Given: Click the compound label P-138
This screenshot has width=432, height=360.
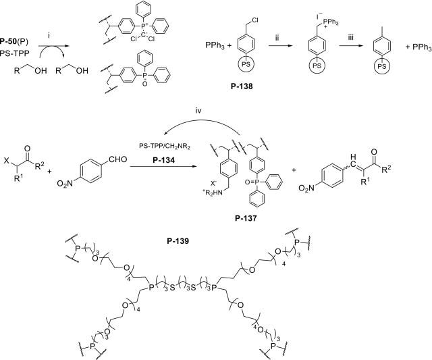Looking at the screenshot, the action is point(242,86).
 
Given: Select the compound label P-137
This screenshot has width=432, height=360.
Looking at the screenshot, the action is point(246,218).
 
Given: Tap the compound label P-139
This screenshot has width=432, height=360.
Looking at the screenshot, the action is point(178,241).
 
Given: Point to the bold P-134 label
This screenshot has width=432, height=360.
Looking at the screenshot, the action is point(163,160).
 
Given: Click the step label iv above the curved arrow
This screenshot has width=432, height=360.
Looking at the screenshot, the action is point(198,111).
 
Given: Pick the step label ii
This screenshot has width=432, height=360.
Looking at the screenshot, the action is point(277,38).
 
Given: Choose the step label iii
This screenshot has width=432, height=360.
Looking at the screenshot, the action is point(350,38).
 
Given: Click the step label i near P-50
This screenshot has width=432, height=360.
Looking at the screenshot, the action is point(49,35).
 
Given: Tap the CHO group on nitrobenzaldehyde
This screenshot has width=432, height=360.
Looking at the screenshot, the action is point(118,159).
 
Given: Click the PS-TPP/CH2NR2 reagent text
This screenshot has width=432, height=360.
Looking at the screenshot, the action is point(165,147).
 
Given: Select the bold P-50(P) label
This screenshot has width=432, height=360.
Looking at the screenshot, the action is point(14,41).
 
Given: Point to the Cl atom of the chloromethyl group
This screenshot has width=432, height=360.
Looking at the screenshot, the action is point(254,20).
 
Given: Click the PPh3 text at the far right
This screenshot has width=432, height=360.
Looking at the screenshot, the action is point(422,47).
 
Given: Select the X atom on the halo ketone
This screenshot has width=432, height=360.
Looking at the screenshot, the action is point(6,160).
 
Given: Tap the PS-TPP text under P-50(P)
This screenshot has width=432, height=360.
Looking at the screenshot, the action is point(15,53).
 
